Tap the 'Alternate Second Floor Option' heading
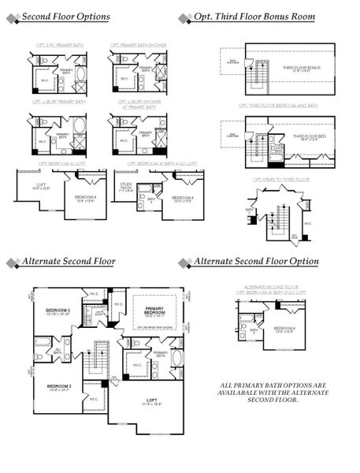[x=256, y=261]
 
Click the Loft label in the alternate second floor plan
[x=152, y=402]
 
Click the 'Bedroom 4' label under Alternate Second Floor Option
[x=285, y=329]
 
